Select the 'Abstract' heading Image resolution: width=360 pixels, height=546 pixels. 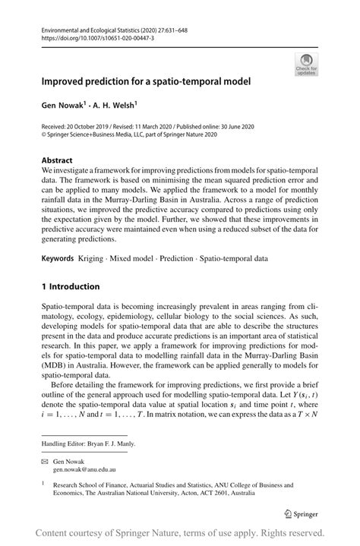(58, 161)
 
